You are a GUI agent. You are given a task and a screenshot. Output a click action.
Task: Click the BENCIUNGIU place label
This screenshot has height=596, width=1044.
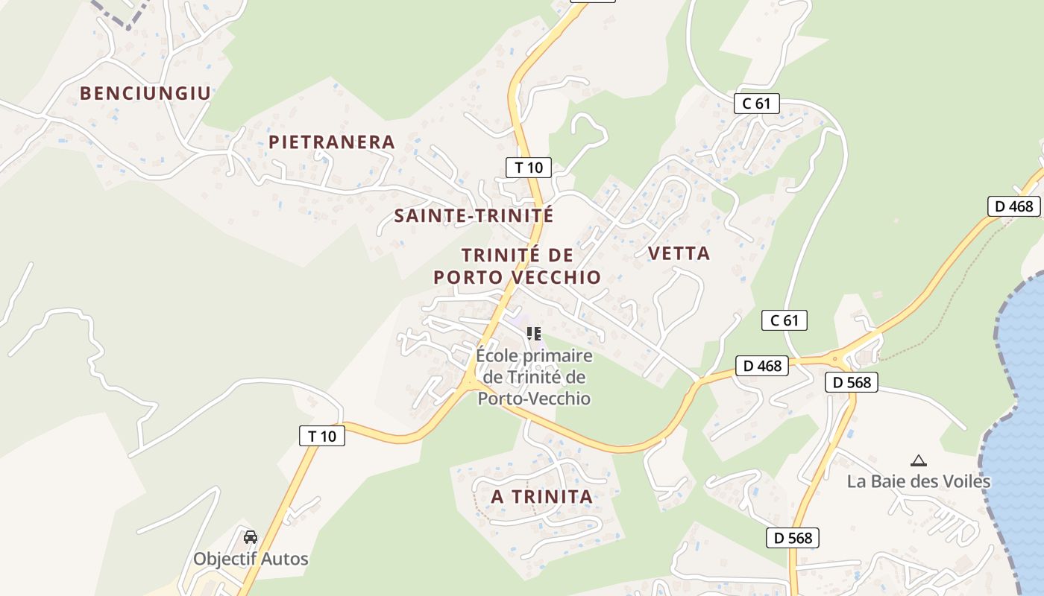pos(145,93)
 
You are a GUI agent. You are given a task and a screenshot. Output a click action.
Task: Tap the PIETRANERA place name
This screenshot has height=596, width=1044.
pos(331,142)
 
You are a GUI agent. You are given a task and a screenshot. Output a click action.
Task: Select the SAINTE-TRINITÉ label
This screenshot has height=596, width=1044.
pos(474,216)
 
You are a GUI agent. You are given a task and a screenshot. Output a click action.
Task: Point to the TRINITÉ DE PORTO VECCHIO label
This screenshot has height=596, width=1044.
pos(518,266)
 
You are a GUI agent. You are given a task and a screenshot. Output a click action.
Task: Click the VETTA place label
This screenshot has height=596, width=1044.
pos(679,253)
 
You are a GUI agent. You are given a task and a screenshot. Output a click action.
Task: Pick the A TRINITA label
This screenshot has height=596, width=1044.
pos(542,496)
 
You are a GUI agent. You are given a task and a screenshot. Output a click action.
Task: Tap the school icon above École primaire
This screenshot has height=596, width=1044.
pos(533,333)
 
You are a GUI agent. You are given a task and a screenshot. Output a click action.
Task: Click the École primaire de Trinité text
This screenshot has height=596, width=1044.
pos(534,377)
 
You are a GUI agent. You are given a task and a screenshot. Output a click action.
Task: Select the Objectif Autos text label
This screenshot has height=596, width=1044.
pos(251,559)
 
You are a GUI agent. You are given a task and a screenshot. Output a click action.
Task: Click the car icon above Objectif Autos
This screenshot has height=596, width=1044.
pos(251,536)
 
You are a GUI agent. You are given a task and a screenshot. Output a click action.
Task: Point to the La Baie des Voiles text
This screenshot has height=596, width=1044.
pos(919,481)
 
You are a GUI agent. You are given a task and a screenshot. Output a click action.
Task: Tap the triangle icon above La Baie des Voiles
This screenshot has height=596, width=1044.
pos(919,460)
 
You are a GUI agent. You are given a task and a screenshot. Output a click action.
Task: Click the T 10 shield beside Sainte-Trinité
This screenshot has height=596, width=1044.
pos(529,168)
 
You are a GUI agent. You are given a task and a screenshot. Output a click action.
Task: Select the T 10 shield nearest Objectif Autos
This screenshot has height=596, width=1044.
pos(322,436)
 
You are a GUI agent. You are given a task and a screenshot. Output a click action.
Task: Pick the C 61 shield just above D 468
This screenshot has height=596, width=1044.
pos(784,321)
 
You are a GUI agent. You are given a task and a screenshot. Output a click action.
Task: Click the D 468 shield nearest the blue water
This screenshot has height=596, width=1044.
pos(1014,206)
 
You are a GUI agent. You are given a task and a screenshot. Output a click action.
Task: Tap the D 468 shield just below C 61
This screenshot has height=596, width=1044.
pos(762,366)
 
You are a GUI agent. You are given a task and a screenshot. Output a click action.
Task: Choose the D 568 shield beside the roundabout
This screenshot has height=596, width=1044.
pos(851,383)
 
